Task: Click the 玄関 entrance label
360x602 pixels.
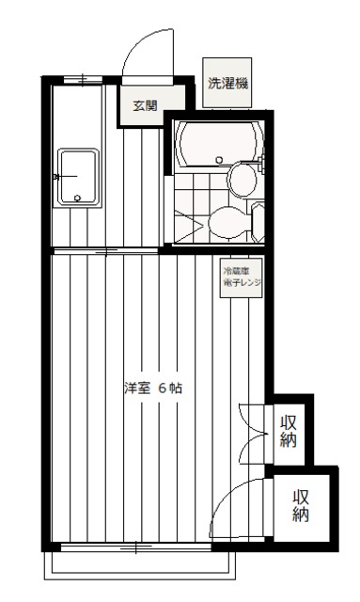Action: pos(145,104)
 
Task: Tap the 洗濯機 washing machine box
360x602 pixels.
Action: pos(228,83)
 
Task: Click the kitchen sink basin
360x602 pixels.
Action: pos(77,176)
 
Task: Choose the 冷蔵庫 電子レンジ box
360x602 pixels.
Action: pos(242,278)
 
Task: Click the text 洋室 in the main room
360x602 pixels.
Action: pos(136,388)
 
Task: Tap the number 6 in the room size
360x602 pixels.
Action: pos(162,388)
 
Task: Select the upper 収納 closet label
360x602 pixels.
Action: pos(289,431)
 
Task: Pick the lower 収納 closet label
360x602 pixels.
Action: pos(301,506)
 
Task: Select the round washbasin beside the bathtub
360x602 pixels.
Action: pos(240,179)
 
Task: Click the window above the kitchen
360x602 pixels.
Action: pos(80,78)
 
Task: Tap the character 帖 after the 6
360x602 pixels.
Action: pos(176,388)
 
